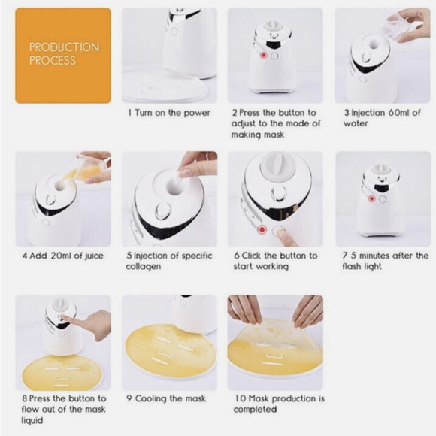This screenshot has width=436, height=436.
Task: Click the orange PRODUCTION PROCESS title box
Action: (63, 55)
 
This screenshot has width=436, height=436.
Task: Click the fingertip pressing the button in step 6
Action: (283, 236)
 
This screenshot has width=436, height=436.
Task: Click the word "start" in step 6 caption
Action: (244, 266)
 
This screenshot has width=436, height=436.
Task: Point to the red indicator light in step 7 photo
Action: (371, 199)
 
